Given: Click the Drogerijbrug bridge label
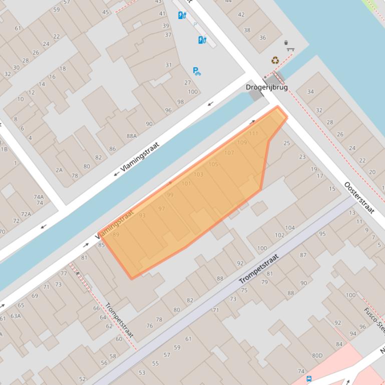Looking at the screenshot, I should click(266, 87).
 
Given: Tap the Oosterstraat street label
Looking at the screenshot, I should click(359, 197).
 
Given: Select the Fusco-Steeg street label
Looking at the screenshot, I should click(374, 320).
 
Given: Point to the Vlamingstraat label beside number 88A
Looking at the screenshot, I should click(137, 159).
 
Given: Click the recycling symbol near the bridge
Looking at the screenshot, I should click(275, 60).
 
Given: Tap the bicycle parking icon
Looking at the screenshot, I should click(197, 71).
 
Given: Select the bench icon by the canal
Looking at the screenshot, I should click(290, 49).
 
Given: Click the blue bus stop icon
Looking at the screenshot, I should click(309, 379).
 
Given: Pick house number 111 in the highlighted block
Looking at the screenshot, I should click(253, 133).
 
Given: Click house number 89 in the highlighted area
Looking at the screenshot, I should click(116, 234).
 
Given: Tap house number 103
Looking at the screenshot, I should click(198, 174).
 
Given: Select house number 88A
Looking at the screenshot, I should click(132, 135).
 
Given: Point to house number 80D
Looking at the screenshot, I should click(317, 355).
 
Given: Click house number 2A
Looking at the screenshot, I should click(59, 170).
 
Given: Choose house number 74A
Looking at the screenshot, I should click(39, 197).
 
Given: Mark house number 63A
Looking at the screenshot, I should click(16, 315).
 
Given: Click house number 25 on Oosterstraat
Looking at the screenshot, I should click(287, 143).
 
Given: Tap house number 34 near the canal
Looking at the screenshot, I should click(310, 91).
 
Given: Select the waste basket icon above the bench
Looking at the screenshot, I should click(286, 42).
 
